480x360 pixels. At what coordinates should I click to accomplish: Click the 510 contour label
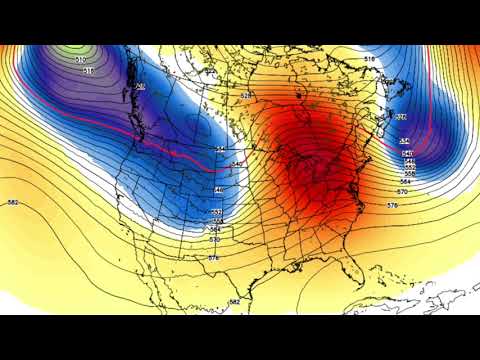[80, 60]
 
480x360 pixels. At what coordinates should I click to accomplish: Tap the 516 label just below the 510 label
[88, 71]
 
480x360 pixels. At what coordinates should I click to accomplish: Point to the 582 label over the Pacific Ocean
[13, 203]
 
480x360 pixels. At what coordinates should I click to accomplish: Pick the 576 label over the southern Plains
[214, 258]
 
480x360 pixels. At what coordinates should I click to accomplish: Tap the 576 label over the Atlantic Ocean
[391, 205]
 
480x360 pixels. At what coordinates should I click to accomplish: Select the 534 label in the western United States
[219, 149]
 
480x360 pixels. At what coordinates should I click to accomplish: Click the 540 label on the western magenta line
[237, 163]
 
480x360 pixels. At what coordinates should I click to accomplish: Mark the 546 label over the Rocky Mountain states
[218, 189]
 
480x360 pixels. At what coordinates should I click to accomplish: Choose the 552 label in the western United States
[217, 213]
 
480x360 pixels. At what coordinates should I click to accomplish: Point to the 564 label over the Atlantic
[402, 182]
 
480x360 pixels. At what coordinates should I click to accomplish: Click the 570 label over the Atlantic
[402, 191]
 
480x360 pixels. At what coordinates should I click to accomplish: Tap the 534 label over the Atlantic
[406, 142]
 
